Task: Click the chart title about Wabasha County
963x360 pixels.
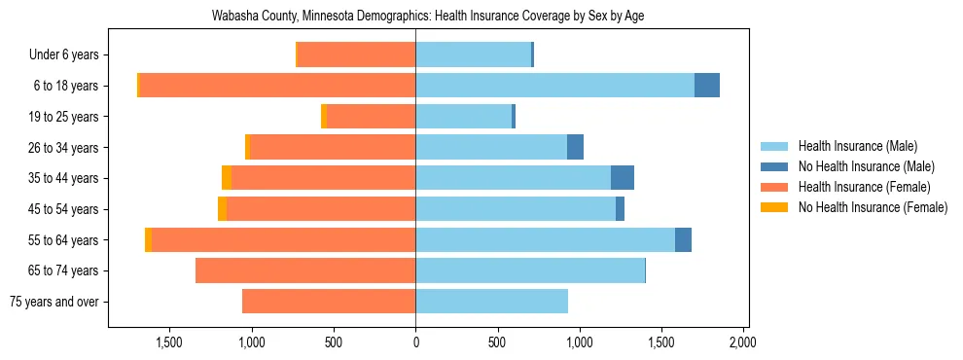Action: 428,17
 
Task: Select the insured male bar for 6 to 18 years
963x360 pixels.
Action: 554,86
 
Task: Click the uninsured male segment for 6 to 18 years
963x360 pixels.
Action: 707,86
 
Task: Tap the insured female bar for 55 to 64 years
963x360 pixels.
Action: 283,239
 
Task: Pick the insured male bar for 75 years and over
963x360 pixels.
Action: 491,302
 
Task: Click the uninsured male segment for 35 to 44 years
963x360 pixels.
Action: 623,178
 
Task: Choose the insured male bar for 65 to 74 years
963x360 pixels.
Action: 530,270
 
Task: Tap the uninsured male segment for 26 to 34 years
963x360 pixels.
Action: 575,147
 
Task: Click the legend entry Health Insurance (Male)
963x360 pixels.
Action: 857,146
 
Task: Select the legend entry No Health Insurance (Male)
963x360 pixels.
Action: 866,166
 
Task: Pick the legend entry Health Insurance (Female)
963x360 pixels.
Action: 864,187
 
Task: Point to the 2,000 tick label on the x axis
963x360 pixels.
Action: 743,342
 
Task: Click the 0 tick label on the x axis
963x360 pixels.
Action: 415,342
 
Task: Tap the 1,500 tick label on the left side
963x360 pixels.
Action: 169,342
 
